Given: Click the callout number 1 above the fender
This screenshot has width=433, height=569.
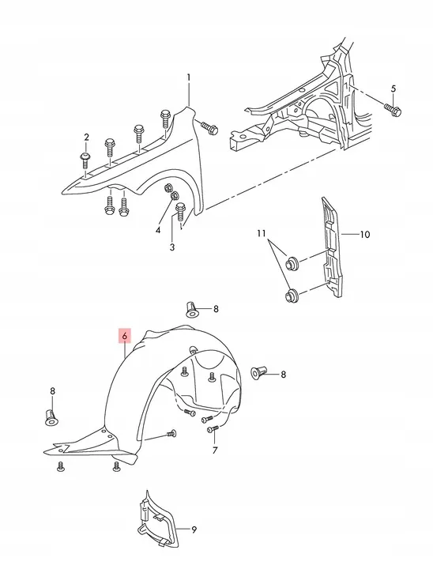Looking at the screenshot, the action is (x=188, y=77).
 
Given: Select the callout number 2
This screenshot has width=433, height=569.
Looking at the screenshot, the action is (x=86, y=138).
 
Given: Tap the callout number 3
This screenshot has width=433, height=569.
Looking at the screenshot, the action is (x=172, y=247).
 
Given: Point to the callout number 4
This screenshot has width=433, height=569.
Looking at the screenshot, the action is (x=158, y=230).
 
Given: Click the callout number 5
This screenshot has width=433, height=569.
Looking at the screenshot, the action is (x=393, y=89).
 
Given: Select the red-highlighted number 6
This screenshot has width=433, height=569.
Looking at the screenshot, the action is (x=125, y=337).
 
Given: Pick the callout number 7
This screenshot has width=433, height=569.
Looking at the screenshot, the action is (x=215, y=450).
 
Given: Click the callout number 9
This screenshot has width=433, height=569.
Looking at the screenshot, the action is (x=194, y=529).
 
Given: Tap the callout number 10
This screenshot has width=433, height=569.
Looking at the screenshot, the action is (x=365, y=235).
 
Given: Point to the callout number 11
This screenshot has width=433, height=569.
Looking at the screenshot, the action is (x=262, y=233).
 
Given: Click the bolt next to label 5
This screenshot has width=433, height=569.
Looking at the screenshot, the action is (x=393, y=110).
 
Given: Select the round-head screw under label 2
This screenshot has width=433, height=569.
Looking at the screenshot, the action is (x=85, y=160).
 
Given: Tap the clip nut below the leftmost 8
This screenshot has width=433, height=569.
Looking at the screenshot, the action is (x=52, y=417).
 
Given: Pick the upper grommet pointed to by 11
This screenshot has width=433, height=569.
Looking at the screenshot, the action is (x=292, y=262).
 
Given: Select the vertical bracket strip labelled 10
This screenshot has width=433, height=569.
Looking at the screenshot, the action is (x=332, y=247).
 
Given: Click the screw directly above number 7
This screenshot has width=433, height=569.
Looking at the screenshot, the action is (x=212, y=429).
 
